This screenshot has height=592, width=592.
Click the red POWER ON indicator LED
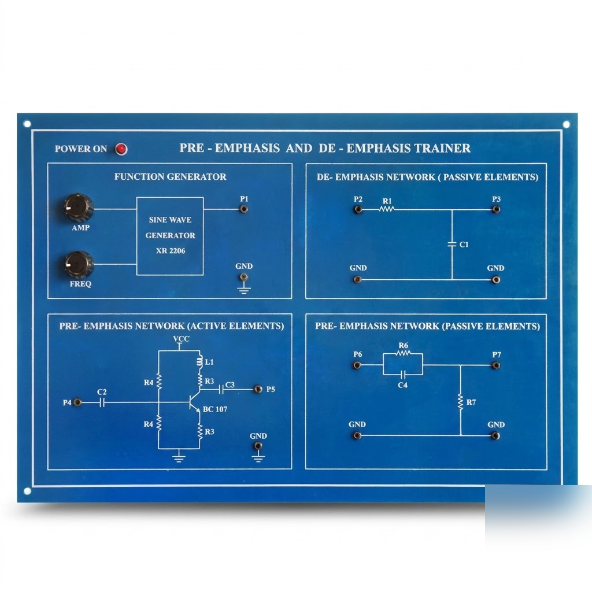[121, 149]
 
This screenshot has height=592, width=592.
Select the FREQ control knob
[79, 265]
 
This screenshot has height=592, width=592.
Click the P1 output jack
[244, 209]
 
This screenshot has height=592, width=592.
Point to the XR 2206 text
[171, 251]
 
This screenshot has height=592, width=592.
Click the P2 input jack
[358, 209]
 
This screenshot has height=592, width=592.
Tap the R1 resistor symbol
[387, 209]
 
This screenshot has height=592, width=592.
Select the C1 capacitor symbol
[452, 245]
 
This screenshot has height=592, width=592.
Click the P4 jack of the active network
[77, 402]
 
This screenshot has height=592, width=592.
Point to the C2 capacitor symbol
[102, 403]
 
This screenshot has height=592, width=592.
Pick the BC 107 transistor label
[215, 409]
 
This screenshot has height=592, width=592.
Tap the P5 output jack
[258, 389]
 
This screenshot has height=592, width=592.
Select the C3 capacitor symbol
[221, 389]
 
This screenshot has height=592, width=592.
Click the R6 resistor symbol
[403, 353]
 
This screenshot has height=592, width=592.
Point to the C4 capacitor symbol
[403, 375]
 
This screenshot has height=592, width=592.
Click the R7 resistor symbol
[460, 402]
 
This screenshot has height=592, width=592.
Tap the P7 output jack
[495, 365]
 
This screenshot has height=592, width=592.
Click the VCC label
[181, 339]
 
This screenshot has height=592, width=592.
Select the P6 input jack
[357, 365]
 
